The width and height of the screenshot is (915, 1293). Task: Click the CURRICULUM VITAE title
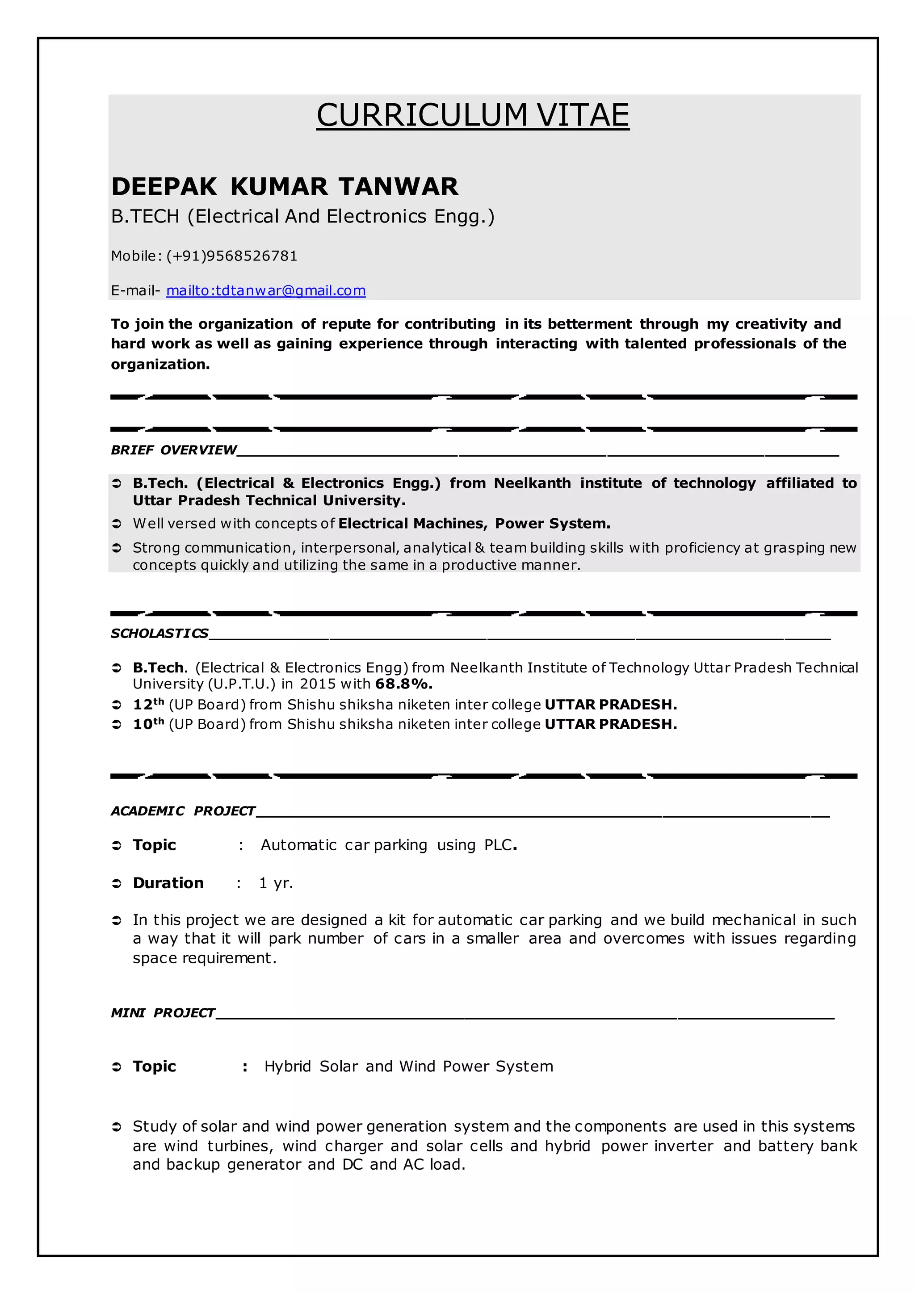pyautogui.click(x=472, y=116)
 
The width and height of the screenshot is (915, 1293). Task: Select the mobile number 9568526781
pyautogui.click(x=251, y=256)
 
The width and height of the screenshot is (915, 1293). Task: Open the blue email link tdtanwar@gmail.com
pyautogui.click(x=266, y=291)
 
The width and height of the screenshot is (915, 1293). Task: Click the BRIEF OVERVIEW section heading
pyautogui.click(x=173, y=449)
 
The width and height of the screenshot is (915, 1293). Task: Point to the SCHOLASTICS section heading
pyautogui.click(x=159, y=633)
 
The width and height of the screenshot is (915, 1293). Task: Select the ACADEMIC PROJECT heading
pyautogui.click(x=183, y=811)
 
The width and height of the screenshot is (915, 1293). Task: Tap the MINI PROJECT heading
pyautogui.click(x=163, y=1012)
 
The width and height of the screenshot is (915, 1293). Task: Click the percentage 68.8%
pyautogui.click(x=404, y=684)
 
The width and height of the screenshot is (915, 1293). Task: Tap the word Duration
pyautogui.click(x=168, y=883)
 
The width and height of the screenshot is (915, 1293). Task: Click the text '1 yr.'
pyautogui.click(x=276, y=883)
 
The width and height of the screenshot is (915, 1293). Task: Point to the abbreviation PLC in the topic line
pyautogui.click(x=498, y=845)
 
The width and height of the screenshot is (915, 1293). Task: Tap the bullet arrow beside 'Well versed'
pyautogui.click(x=117, y=524)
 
